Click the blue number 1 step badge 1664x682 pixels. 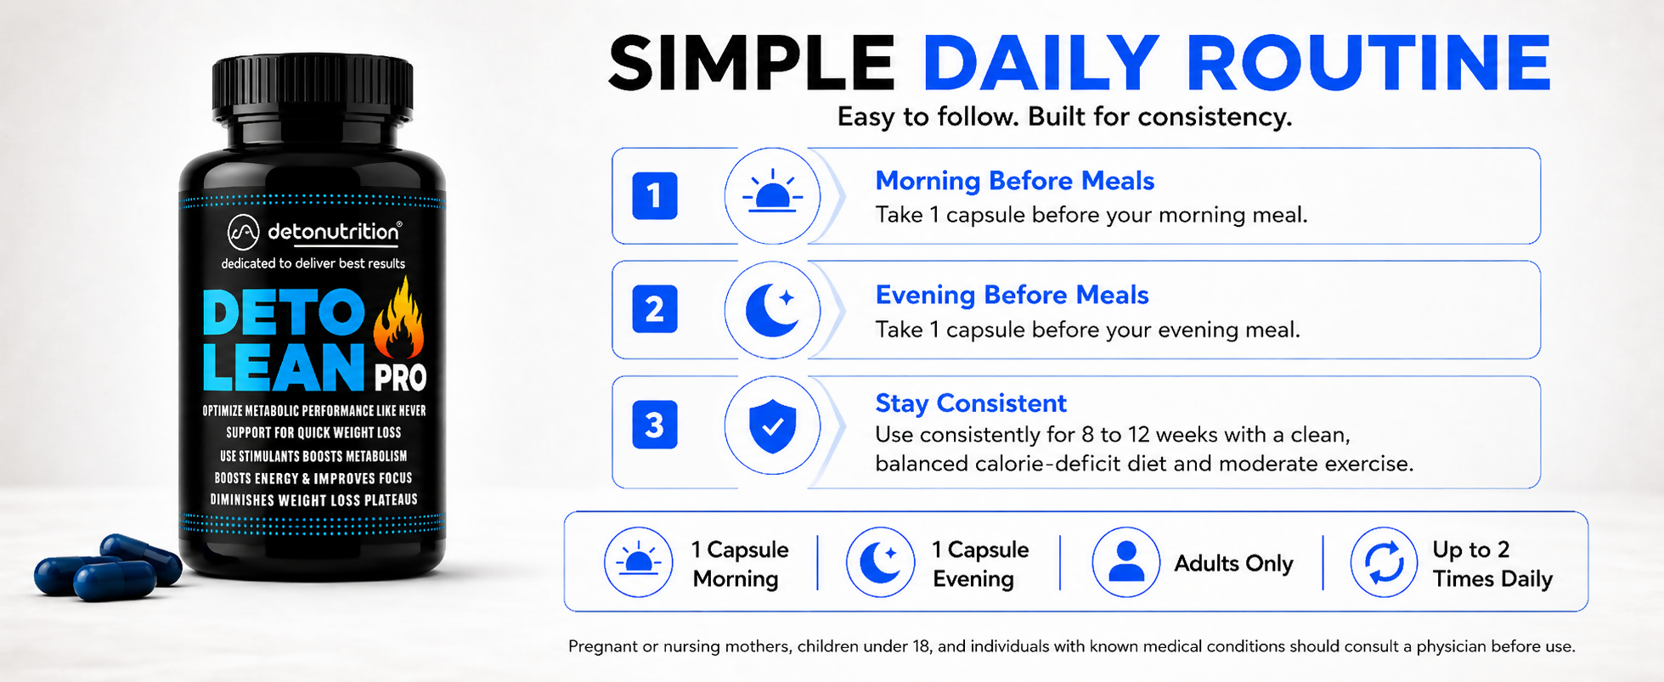(654, 195)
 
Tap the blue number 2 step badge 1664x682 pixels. (654, 309)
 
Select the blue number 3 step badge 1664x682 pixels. (654, 424)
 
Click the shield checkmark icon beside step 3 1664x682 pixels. (772, 426)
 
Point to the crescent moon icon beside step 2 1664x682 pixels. (772, 309)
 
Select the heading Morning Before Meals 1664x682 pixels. (1014, 181)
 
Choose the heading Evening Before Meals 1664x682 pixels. (1012, 295)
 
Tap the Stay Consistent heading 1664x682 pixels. (970, 403)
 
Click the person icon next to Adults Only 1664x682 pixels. (1126, 561)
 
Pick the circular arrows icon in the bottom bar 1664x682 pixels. (1384, 562)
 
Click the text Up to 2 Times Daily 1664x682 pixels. (1492, 564)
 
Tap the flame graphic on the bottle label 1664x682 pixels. (398, 318)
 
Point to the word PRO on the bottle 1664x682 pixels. (400, 377)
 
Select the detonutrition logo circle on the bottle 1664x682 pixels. (243, 232)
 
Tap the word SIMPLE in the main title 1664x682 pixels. (752, 64)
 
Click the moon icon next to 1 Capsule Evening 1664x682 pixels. (881, 561)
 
